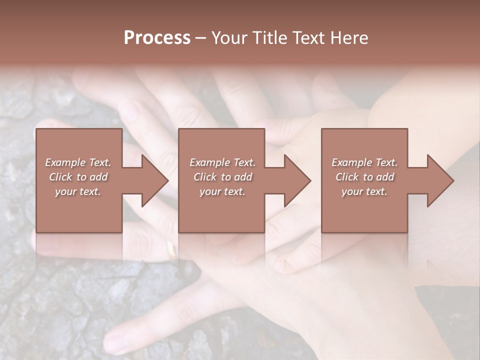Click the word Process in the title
point(157,38)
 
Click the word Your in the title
point(230,38)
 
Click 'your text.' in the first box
point(78,191)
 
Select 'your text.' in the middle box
point(222,191)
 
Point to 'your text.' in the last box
point(364,191)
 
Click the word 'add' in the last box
point(385,177)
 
